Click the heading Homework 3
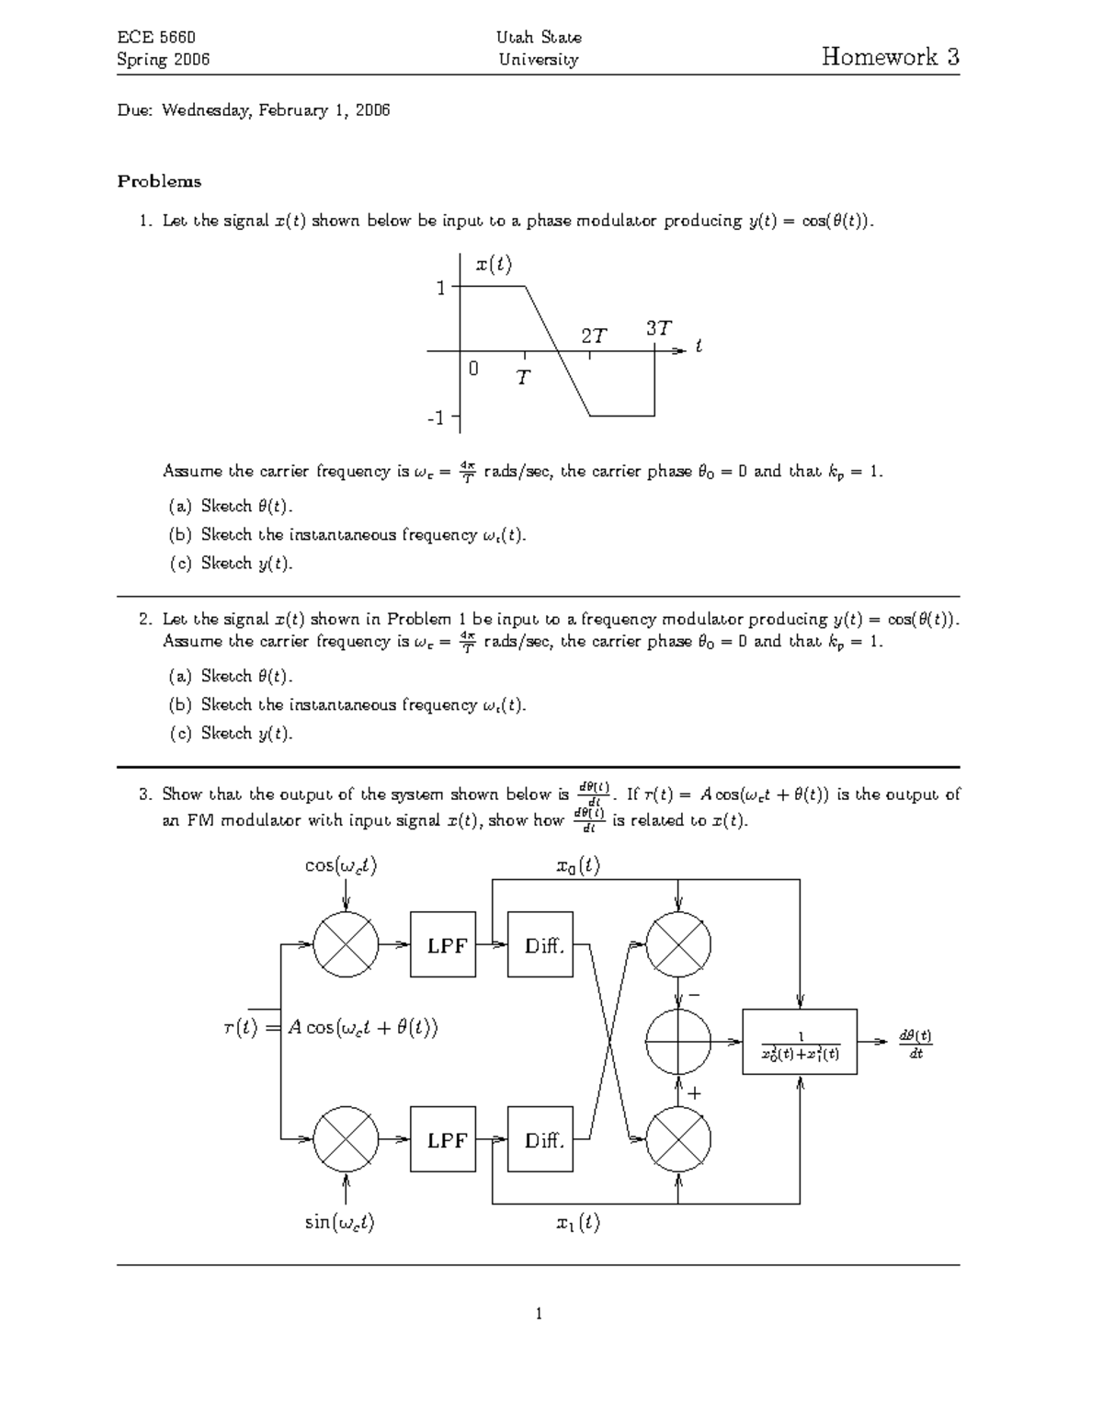point(890,57)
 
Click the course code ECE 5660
point(156,38)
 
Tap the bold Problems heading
point(159,181)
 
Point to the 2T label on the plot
point(594,336)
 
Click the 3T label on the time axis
point(658,327)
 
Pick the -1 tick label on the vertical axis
point(436,417)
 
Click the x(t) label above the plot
point(494,265)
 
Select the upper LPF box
point(447,945)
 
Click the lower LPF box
point(447,1140)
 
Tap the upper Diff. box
point(542,945)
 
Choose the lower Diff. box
point(542,1140)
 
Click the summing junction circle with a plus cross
point(678,1042)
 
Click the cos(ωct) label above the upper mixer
point(340,866)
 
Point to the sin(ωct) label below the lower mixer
point(340,1222)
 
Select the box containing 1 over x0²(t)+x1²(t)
point(800,1042)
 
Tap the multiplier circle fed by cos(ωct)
point(346,945)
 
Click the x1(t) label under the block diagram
point(578,1222)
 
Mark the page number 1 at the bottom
point(539,1313)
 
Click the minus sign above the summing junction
point(694,995)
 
